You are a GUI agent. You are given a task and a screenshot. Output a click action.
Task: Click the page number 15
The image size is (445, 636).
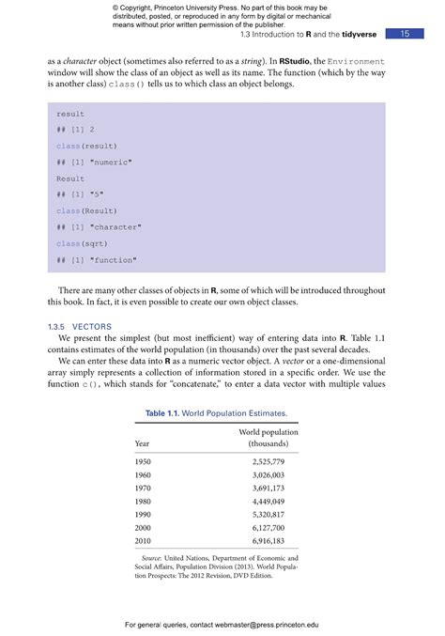[x=405, y=34]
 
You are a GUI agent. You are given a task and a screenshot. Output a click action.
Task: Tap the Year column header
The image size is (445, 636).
[x=142, y=442]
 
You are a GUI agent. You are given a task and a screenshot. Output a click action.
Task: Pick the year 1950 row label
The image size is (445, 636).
[x=143, y=462]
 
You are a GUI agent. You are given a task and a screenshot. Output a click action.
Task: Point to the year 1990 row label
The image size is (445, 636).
[x=143, y=516]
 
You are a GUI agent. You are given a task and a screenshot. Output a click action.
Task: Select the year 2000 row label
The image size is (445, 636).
[x=143, y=529]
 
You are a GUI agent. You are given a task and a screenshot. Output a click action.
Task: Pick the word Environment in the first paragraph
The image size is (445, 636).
[x=350, y=60]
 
